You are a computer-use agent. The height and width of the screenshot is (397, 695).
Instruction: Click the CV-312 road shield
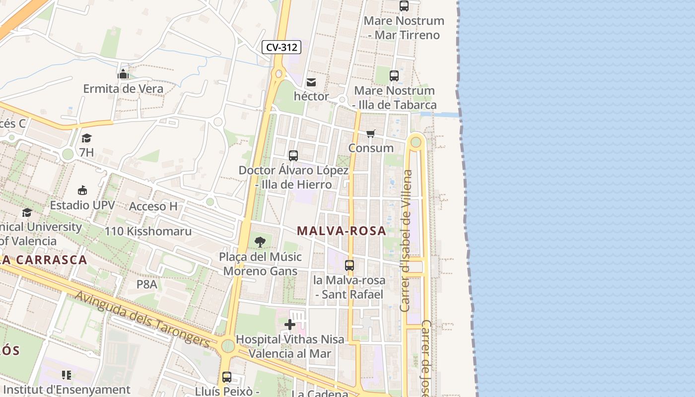pos(282,47)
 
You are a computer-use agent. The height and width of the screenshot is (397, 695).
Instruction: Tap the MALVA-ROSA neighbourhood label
pos(342,231)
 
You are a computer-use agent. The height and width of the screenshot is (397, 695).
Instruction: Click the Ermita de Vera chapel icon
pos(123,74)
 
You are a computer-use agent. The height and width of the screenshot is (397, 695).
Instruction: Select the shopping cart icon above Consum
pos(370,133)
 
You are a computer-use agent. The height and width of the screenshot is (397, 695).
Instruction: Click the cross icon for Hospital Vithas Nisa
pos(290,325)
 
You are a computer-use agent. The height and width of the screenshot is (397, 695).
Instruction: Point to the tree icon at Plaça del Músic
pos(260,242)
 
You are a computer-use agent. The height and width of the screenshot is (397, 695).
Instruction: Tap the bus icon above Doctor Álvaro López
pos(293,156)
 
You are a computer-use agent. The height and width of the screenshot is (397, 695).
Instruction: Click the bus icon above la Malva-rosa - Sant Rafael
pos(349,265)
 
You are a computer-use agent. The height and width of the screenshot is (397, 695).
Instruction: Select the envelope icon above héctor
pos(311,82)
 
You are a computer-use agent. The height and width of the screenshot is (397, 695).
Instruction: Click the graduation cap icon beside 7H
pos(86,138)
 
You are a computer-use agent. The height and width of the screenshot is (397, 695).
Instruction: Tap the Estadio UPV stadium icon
pos(82,191)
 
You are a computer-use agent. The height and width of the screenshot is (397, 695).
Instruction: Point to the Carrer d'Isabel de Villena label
pos(406,241)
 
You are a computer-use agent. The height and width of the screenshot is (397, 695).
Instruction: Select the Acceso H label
pos(153,206)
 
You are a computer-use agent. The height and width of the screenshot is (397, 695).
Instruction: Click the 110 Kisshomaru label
pos(148,231)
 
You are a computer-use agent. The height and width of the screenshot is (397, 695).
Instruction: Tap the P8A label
pos(147,284)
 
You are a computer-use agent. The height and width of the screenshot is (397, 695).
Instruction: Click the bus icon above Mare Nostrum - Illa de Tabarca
pos(394,76)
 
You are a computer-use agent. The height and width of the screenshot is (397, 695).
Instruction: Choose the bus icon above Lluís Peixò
pos(227,377)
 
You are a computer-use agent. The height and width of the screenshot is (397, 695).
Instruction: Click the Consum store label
pos(371,148)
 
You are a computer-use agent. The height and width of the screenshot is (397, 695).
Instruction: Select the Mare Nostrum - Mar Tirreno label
pos(404,28)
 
